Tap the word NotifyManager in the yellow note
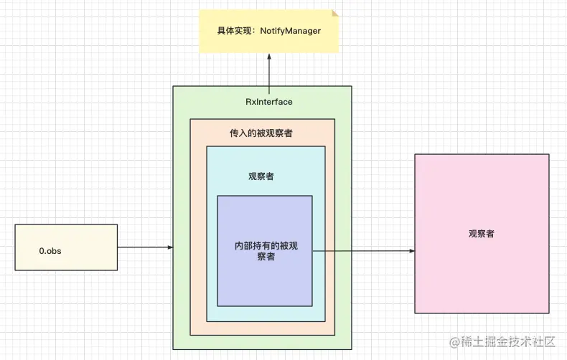[x=291, y=31]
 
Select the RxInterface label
[x=269, y=102]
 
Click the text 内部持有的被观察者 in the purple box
[x=266, y=251]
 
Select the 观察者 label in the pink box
[x=481, y=234]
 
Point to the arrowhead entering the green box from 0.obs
[x=169, y=247]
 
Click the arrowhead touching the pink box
[x=411, y=251]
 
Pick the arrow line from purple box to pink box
[x=362, y=251]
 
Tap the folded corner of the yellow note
[x=334, y=14]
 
